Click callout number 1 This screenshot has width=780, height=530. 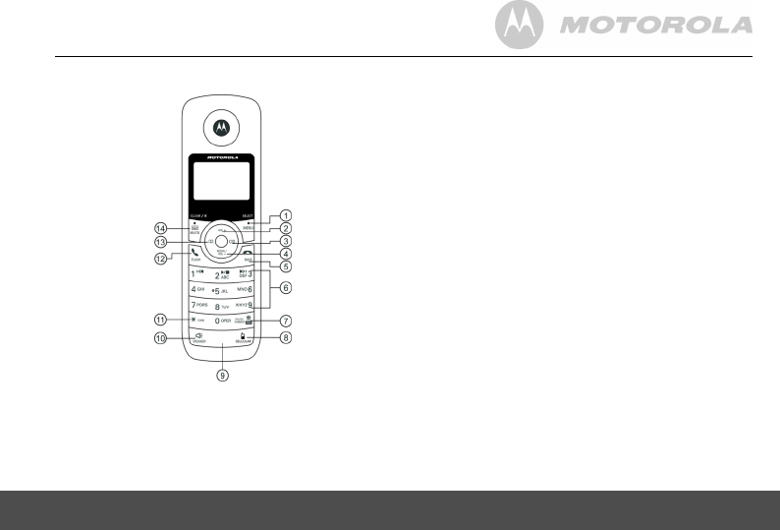click(286, 215)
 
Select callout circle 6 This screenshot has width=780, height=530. click(286, 288)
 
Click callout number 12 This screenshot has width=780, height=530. click(160, 259)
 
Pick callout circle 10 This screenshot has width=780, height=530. click(160, 338)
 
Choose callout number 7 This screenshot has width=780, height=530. click(286, 321)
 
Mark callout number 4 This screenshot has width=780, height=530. click(286, 253)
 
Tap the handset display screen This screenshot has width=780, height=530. click(221, 182)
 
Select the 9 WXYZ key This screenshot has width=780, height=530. click(246, 306)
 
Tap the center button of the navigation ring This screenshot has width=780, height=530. click(221, 240)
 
